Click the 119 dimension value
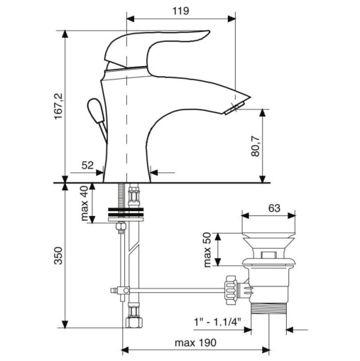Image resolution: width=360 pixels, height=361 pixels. click(x=181, y=11)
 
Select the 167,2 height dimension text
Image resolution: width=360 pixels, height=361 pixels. click(x=58, y=106)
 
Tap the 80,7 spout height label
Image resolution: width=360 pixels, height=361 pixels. click(x=255, y=146)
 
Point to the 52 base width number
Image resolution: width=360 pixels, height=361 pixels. click(x=87, y=165)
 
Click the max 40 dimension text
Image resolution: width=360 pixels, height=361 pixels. click(x=84, y=203)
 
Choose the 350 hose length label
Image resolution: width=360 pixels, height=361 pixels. click(x=58, y=256)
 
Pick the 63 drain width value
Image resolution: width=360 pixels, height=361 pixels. click(x=274, y=208)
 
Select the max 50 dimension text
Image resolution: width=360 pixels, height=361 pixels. click(x=207, y=250)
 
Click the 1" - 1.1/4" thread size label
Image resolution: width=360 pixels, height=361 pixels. click(x=218, y=322)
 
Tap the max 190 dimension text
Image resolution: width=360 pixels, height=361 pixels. click(x=195, y=343)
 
